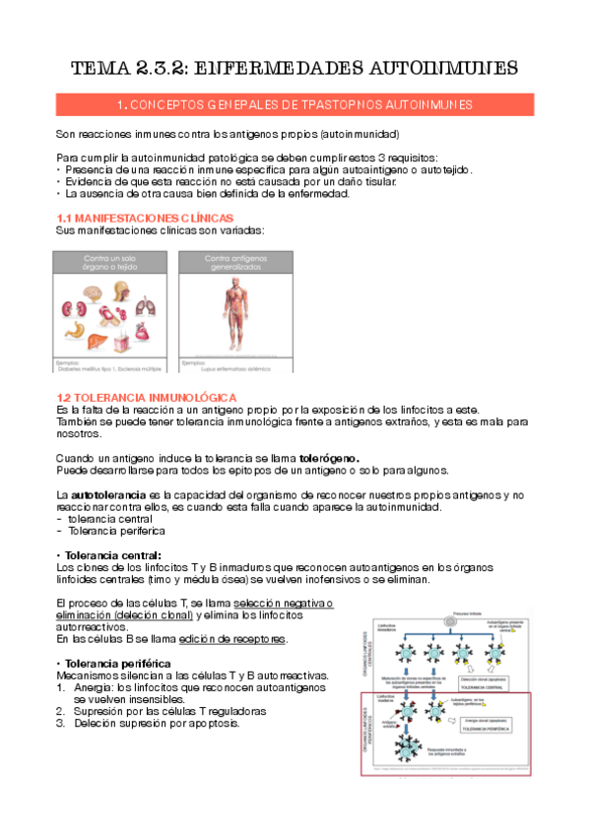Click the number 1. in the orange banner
click(121, 104)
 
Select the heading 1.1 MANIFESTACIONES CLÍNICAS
click(145, 216)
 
